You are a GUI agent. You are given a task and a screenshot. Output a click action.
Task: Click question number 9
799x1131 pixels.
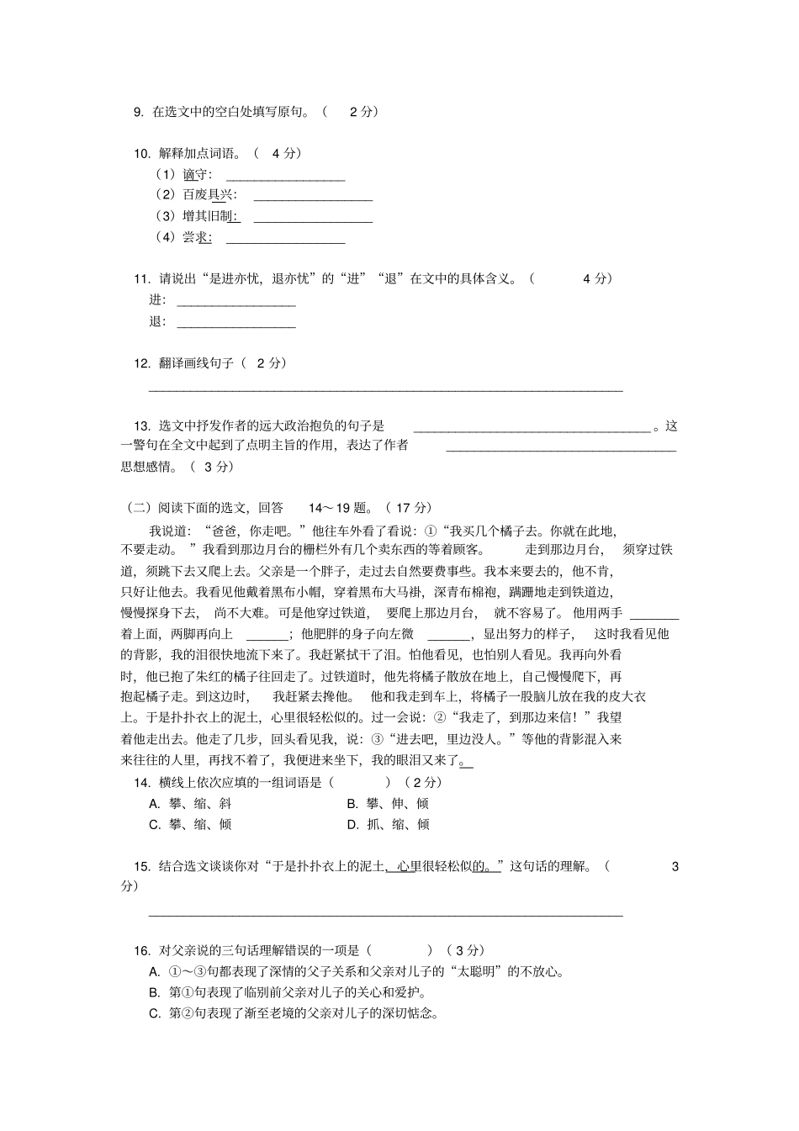coord(139,112)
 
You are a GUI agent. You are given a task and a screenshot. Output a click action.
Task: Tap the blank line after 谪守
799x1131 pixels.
coord(286,179)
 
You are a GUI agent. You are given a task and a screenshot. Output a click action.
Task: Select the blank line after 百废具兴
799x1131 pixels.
coord(313,200)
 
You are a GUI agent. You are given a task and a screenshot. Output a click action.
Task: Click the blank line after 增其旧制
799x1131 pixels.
coord(313,221)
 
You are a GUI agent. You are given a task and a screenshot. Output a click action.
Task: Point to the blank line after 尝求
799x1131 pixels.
coord(286,242)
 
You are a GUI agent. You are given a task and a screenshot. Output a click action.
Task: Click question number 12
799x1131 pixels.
coord(142,363)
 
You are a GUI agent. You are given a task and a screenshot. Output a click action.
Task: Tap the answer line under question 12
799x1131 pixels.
coord(386,390)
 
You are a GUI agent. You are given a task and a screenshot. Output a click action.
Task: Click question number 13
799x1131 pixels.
coord(142,425)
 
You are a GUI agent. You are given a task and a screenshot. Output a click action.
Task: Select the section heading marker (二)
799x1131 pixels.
coord(138,508)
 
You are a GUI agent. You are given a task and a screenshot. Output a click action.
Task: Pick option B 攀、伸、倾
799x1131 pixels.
coord(388,803)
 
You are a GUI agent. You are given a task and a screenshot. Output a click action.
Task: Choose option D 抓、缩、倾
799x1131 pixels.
coord(388,824)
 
